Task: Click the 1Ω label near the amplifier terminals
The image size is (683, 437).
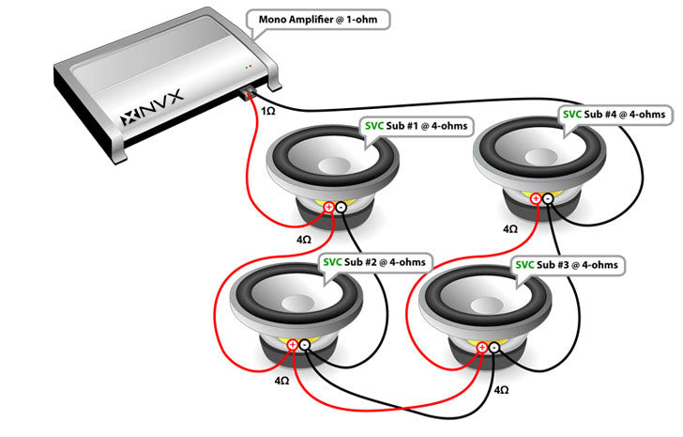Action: [268, 110]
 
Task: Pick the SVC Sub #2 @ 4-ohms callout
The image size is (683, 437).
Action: [373, 260]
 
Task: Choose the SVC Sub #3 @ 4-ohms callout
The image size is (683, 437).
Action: [567, 265]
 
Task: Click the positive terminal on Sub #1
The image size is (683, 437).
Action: [328, 208]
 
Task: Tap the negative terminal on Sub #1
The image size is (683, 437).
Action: [341, 208]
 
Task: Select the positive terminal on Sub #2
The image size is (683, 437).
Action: [293, 346]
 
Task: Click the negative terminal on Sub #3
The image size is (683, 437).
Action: [494, 349]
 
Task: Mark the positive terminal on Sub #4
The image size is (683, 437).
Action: [536, 198]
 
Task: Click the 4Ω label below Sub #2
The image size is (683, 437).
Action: [281, 382]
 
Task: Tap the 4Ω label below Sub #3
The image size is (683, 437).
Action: [501, 389]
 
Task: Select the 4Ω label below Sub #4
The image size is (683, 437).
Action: [510, 228]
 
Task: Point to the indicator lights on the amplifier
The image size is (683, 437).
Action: [247, 68]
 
